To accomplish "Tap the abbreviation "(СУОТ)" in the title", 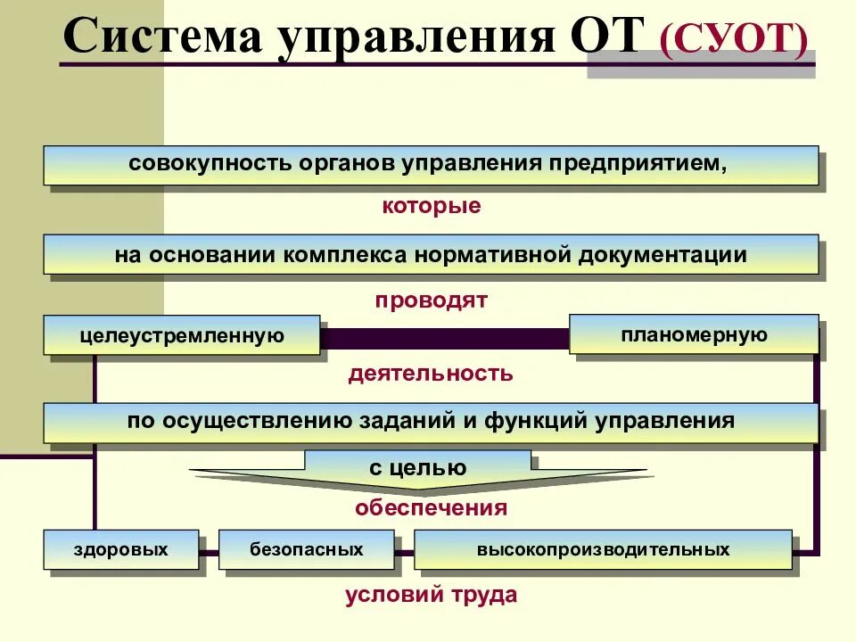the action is click(x=734, y=40).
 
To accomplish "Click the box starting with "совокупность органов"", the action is click(x=430, y=165).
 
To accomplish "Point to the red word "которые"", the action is click(x=432, y=207).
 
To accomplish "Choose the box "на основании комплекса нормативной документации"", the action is click(x=430, y=254).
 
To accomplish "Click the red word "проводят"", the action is click(x=431, y=300).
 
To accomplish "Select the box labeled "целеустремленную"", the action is click(x=182, y=335).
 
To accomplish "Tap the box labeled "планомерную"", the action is click(x=693, y=334).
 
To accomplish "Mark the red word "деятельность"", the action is click(x=431, y=374).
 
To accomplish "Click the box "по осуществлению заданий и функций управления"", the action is click(x=430, y=422).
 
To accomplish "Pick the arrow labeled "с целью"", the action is click(x=417, y=469).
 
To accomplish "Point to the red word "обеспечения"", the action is click(x=431, y=508).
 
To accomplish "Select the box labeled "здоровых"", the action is click(x=120, y=549).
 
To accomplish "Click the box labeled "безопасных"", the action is click(x=306, y=549).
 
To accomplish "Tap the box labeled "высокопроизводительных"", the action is click(x=603, y=549).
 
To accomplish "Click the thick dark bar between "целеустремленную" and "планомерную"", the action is click(x=444, y=338).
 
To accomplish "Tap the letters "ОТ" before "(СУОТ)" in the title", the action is click(x=604, y=40).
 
